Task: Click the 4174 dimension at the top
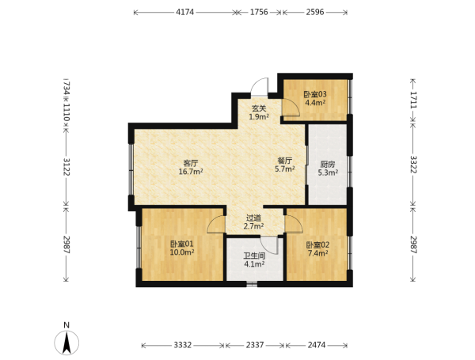[x=184, y=12]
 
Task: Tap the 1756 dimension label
[x=259, y=12]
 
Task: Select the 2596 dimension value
[x=315, y=12]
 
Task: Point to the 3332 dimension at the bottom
[x=183, y=345]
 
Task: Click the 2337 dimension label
[x=255, y=345]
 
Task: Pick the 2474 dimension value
[x=317, y=345]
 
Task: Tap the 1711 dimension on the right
[x=413, y=100]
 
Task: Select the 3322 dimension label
[x=413, y=165]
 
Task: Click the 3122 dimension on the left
[x=66, y=166]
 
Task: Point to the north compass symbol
[x=66, y=343]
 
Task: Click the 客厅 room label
[x=191, y=163]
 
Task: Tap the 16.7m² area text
[x=191, y=172]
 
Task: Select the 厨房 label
[x=328, y=165]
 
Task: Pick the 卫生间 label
[x=254, y=256]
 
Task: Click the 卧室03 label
[x=315, y=94]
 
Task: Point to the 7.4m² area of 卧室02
[x=317, y=253]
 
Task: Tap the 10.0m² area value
[x=182, y=252]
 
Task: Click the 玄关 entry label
[x=259, y=108]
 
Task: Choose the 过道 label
[x=253, y=218]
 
